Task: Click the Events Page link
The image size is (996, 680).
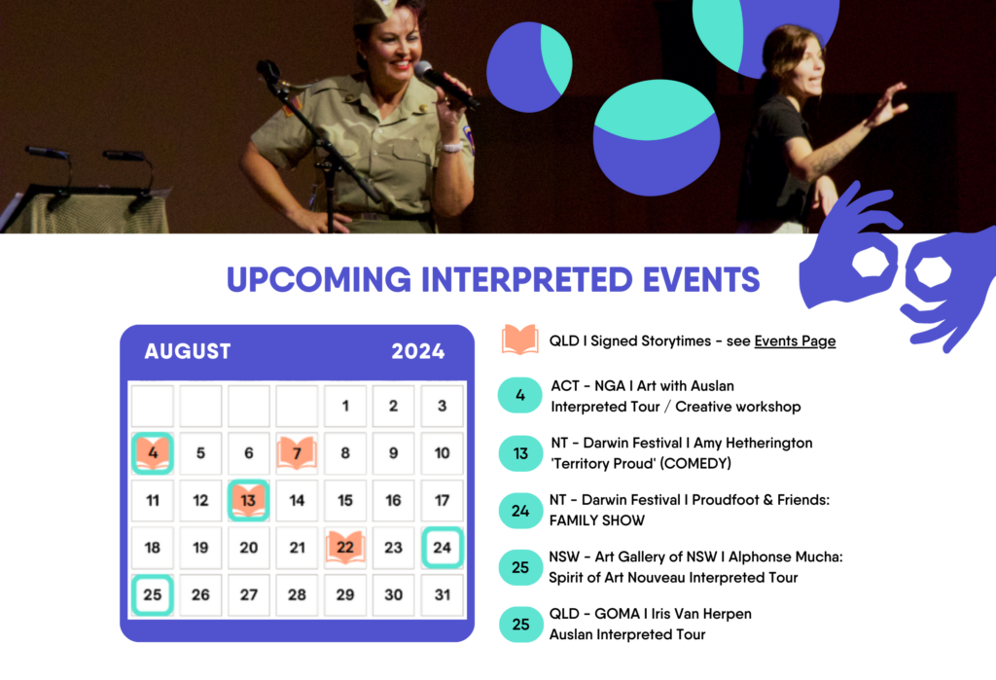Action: [795, 341]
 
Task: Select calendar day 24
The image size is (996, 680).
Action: [443, 547]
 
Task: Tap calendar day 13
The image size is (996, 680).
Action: [248, 500]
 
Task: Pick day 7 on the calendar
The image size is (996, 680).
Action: [297, 453]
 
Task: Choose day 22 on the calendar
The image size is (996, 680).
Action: [345, 547]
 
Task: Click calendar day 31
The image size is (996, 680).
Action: [443, 594]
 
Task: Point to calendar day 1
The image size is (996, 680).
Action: [345, 406]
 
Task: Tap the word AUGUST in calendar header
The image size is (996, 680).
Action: [188, 351]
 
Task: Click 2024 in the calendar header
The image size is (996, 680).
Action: [418, 351]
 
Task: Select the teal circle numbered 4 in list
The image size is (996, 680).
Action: [520, 395]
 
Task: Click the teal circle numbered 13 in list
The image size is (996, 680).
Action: [520, 453]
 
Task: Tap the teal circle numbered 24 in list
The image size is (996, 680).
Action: [520, 511]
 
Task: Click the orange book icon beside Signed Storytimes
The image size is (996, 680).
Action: [520, 340]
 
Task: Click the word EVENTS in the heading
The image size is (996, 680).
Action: [701, 279]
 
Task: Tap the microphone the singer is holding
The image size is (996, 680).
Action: [445, 85]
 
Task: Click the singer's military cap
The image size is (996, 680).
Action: [376, 11]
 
